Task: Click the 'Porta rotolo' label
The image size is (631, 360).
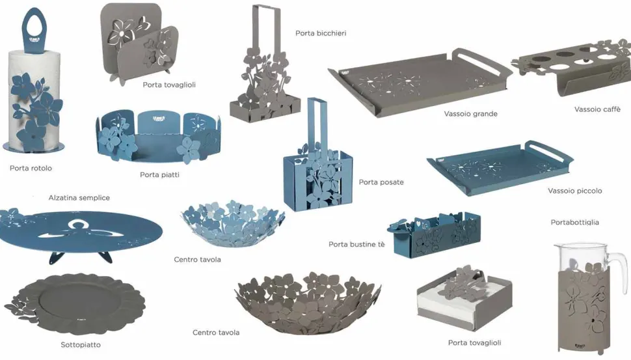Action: point(31,169)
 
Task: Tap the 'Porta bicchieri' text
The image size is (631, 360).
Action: point(321,33)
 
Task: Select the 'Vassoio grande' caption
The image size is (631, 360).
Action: point(470,114)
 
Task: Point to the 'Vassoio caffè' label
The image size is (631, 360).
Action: point(597,109)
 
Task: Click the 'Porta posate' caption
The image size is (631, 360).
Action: point(381,182)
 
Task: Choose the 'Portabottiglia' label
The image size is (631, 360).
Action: point(574,222)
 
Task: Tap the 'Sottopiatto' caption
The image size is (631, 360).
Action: point(81,344)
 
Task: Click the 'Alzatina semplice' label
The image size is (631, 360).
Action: point(79,198)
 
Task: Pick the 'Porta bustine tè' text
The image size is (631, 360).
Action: point(356,244)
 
